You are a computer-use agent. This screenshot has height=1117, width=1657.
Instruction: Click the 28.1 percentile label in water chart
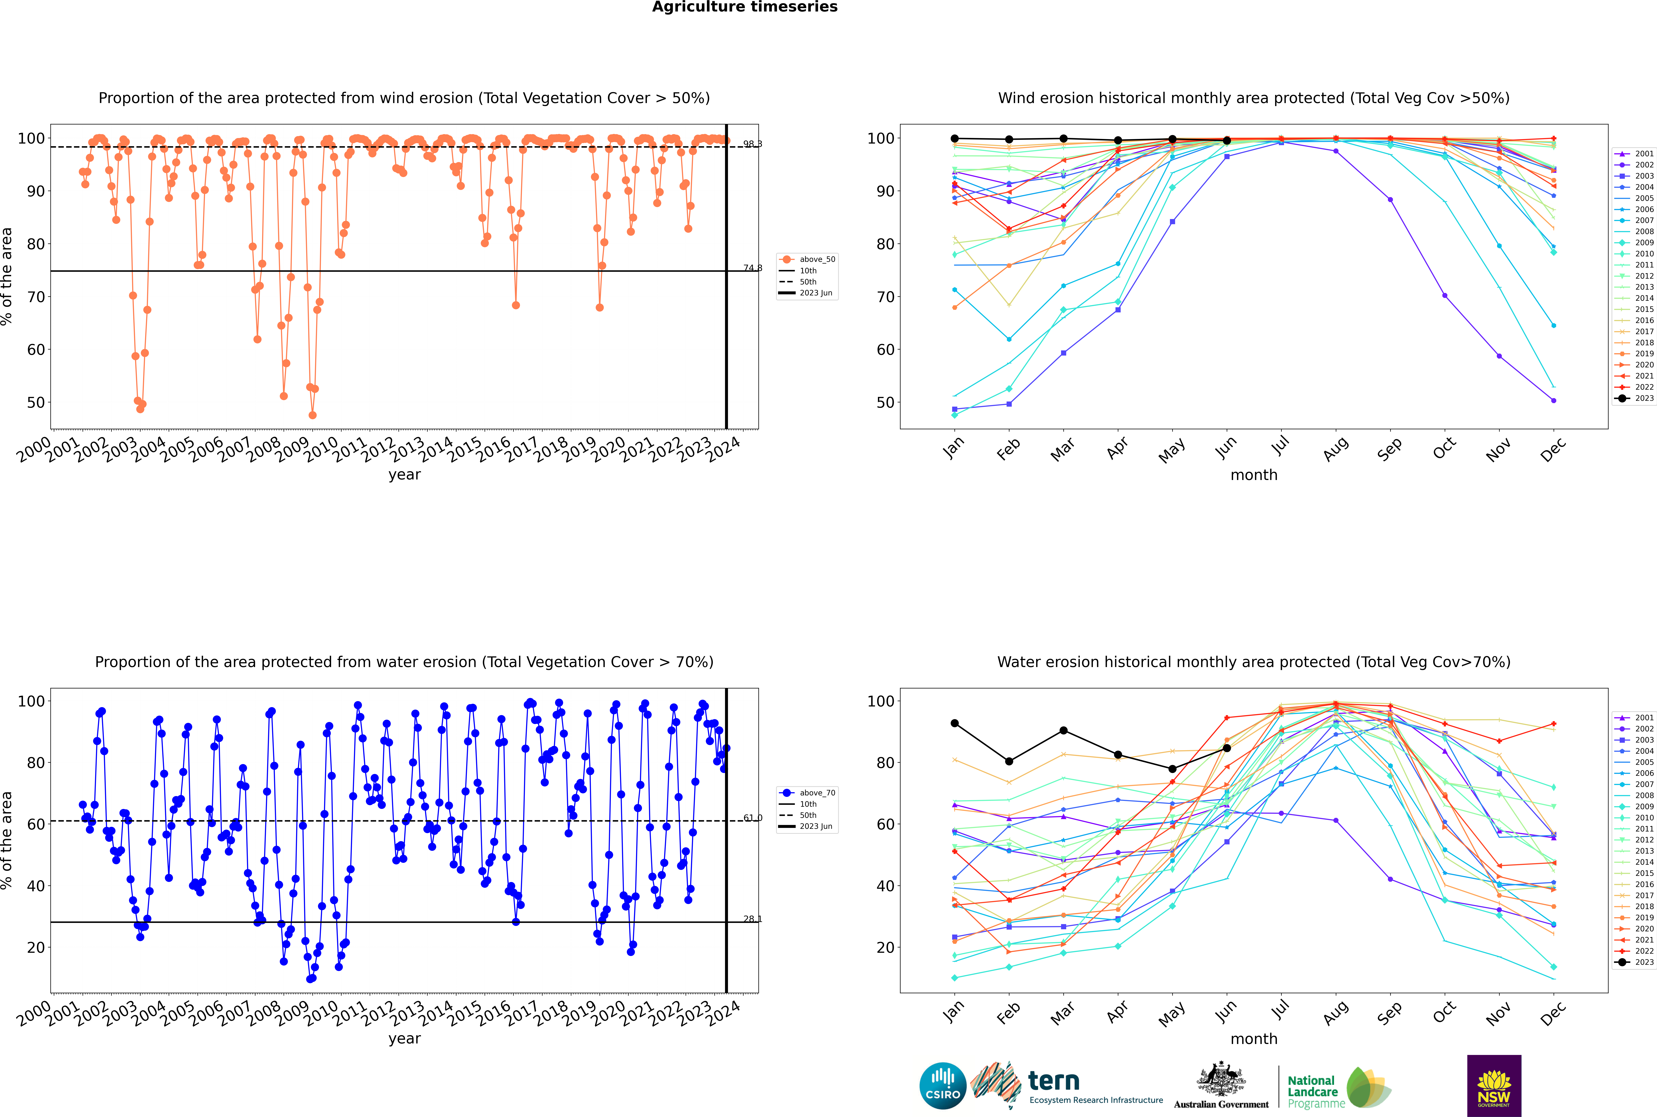(752, 919)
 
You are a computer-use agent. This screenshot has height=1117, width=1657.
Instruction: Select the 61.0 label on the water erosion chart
(752, 818)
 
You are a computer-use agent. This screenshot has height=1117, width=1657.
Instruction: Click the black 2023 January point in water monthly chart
(955, 723)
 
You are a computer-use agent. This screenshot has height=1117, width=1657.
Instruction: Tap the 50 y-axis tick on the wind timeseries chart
(36, 403)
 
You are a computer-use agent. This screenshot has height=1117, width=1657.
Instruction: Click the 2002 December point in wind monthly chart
(1554, 400)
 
